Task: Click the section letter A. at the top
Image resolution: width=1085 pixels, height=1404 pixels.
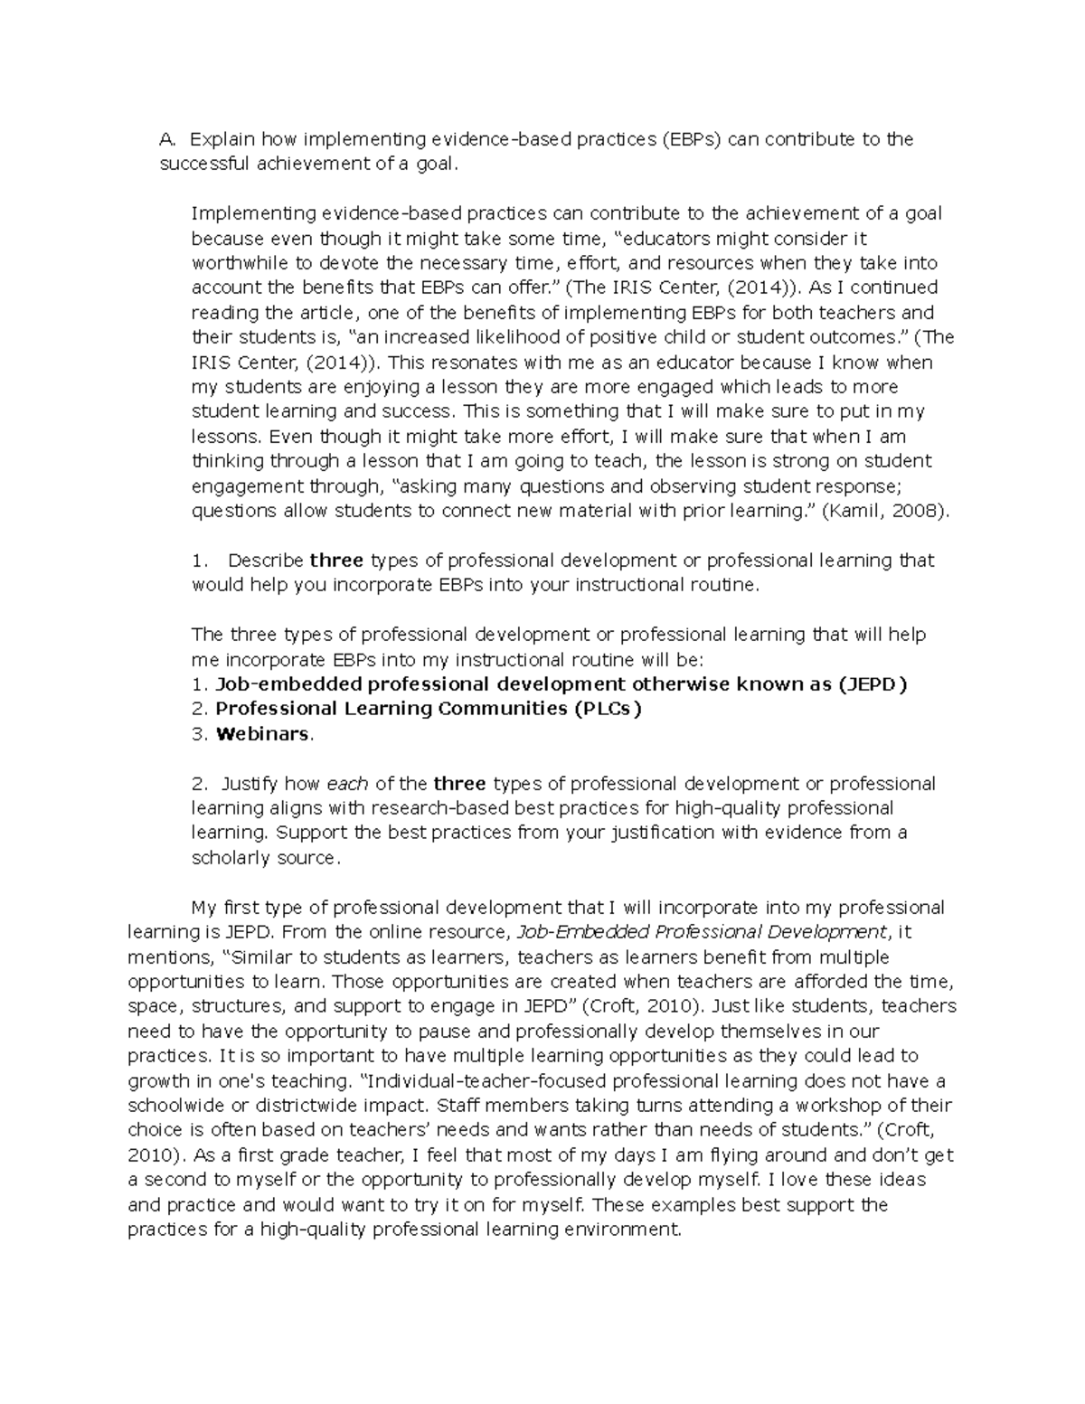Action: tap(165, 139)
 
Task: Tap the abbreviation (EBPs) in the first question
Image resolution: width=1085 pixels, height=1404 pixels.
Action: tap(692, 139)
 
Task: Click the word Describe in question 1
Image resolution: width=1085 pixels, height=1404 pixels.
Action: tap(265, 561)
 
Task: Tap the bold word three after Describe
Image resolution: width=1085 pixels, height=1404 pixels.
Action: tap(336, 561)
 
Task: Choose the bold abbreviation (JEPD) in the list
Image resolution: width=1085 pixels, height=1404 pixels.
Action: tap(873, 684)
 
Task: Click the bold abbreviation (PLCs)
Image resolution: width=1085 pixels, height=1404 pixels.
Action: tap(606, 709)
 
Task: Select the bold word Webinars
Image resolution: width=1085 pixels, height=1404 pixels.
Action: tap(262, 734)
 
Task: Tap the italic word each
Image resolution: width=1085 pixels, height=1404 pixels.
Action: tap(347, 784)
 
